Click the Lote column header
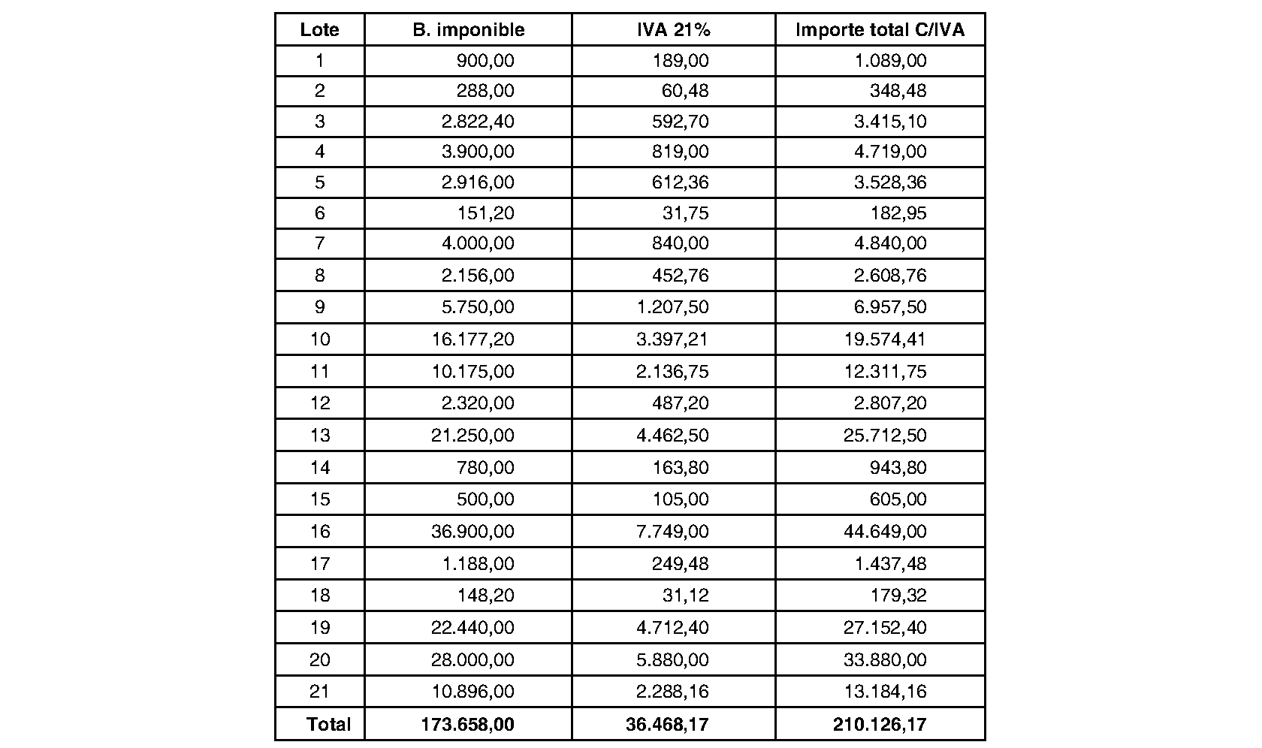point(319,30)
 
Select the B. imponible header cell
point(469,30)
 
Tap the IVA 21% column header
point(673,30)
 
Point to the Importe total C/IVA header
point(880,30)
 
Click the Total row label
point(328,724)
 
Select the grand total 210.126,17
point(879,724)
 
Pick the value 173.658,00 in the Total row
point(468,724)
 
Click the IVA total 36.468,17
point(667,724)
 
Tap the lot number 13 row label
point(320,436)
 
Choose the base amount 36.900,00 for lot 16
point(472,532)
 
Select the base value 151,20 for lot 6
point(486,213)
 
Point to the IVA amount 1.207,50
point(673,307)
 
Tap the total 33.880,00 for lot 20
point(885,660)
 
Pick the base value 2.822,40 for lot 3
point(478,122)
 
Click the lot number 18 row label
point(320,596)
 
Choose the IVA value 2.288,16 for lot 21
point(673,692)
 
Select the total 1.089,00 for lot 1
point(891,61)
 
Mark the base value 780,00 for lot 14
point(485,468)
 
